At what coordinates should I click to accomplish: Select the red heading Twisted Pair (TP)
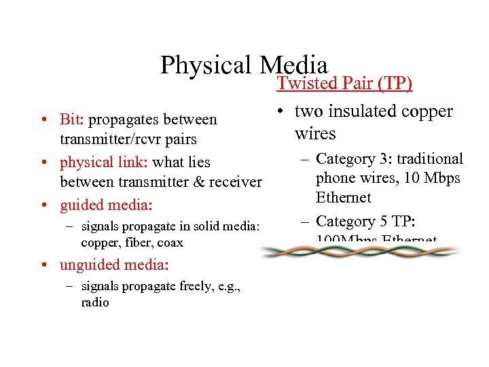click(344, 83)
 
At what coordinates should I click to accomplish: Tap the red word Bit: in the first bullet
click(72, 120)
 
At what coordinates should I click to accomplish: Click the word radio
click(95, 303)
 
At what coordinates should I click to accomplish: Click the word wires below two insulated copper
click(315, 133)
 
